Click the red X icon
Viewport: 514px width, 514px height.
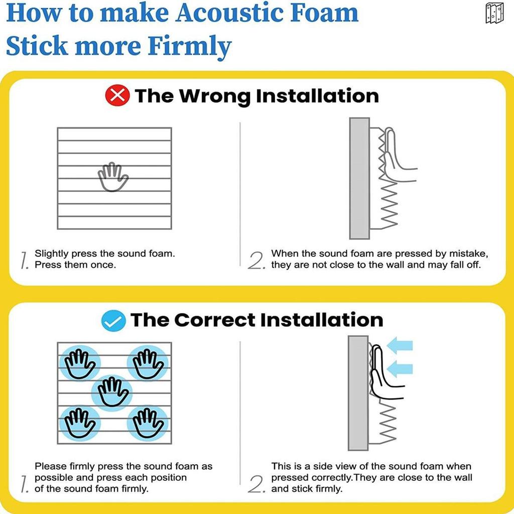[x=117, y=95]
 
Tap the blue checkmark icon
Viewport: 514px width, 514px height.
[x=113, y=321]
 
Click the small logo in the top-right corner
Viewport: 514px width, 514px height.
[x=494, y=13]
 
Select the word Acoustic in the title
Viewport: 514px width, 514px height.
[x=230, y=13]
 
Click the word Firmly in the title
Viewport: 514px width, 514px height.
[x=189, y=46]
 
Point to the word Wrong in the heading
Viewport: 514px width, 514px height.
[x=215, y=96]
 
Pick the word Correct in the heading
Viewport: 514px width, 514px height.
[x=214, y=320]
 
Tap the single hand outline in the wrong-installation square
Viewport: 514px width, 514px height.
[x=113, y=177]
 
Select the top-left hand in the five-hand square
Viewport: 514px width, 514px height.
[x=80, y=364]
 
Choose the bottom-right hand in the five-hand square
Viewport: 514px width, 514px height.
[x=148, y=423]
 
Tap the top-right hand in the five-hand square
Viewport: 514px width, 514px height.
[x=148, y=364]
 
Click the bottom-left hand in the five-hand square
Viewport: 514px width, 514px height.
[x=80, y=423]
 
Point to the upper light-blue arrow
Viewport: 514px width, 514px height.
[x=400, y=345]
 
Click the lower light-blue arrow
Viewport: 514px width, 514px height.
[x=400, y=369]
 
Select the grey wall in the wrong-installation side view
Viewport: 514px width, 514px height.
[x=359, y=178]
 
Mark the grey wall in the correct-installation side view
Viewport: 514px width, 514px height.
[x=358, y=393]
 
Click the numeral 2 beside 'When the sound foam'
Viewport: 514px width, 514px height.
[x=256, y=261]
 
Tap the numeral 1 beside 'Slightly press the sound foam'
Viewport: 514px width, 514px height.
[x=24, y=261]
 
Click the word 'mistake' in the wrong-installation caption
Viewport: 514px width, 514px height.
[x=468, y=253]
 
